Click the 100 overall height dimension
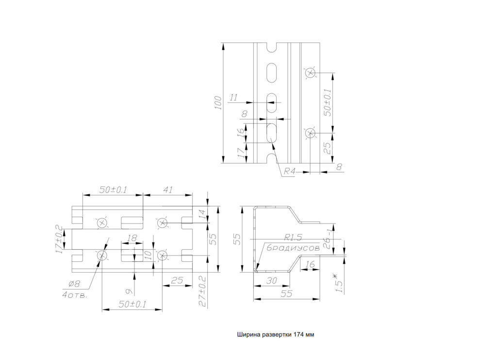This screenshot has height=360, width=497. point(218,103)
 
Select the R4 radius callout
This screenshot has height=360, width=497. point(290,171)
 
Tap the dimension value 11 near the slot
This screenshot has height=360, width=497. point(233,98)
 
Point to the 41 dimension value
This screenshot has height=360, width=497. point(167,190)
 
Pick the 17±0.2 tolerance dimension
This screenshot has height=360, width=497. point(59,240)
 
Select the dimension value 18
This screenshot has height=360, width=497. point(131,239)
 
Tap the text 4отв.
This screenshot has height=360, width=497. point(74,295)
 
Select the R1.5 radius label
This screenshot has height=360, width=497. point(294,238)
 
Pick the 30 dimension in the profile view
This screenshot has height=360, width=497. point(271,281)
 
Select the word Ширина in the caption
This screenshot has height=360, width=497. point(248,335)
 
